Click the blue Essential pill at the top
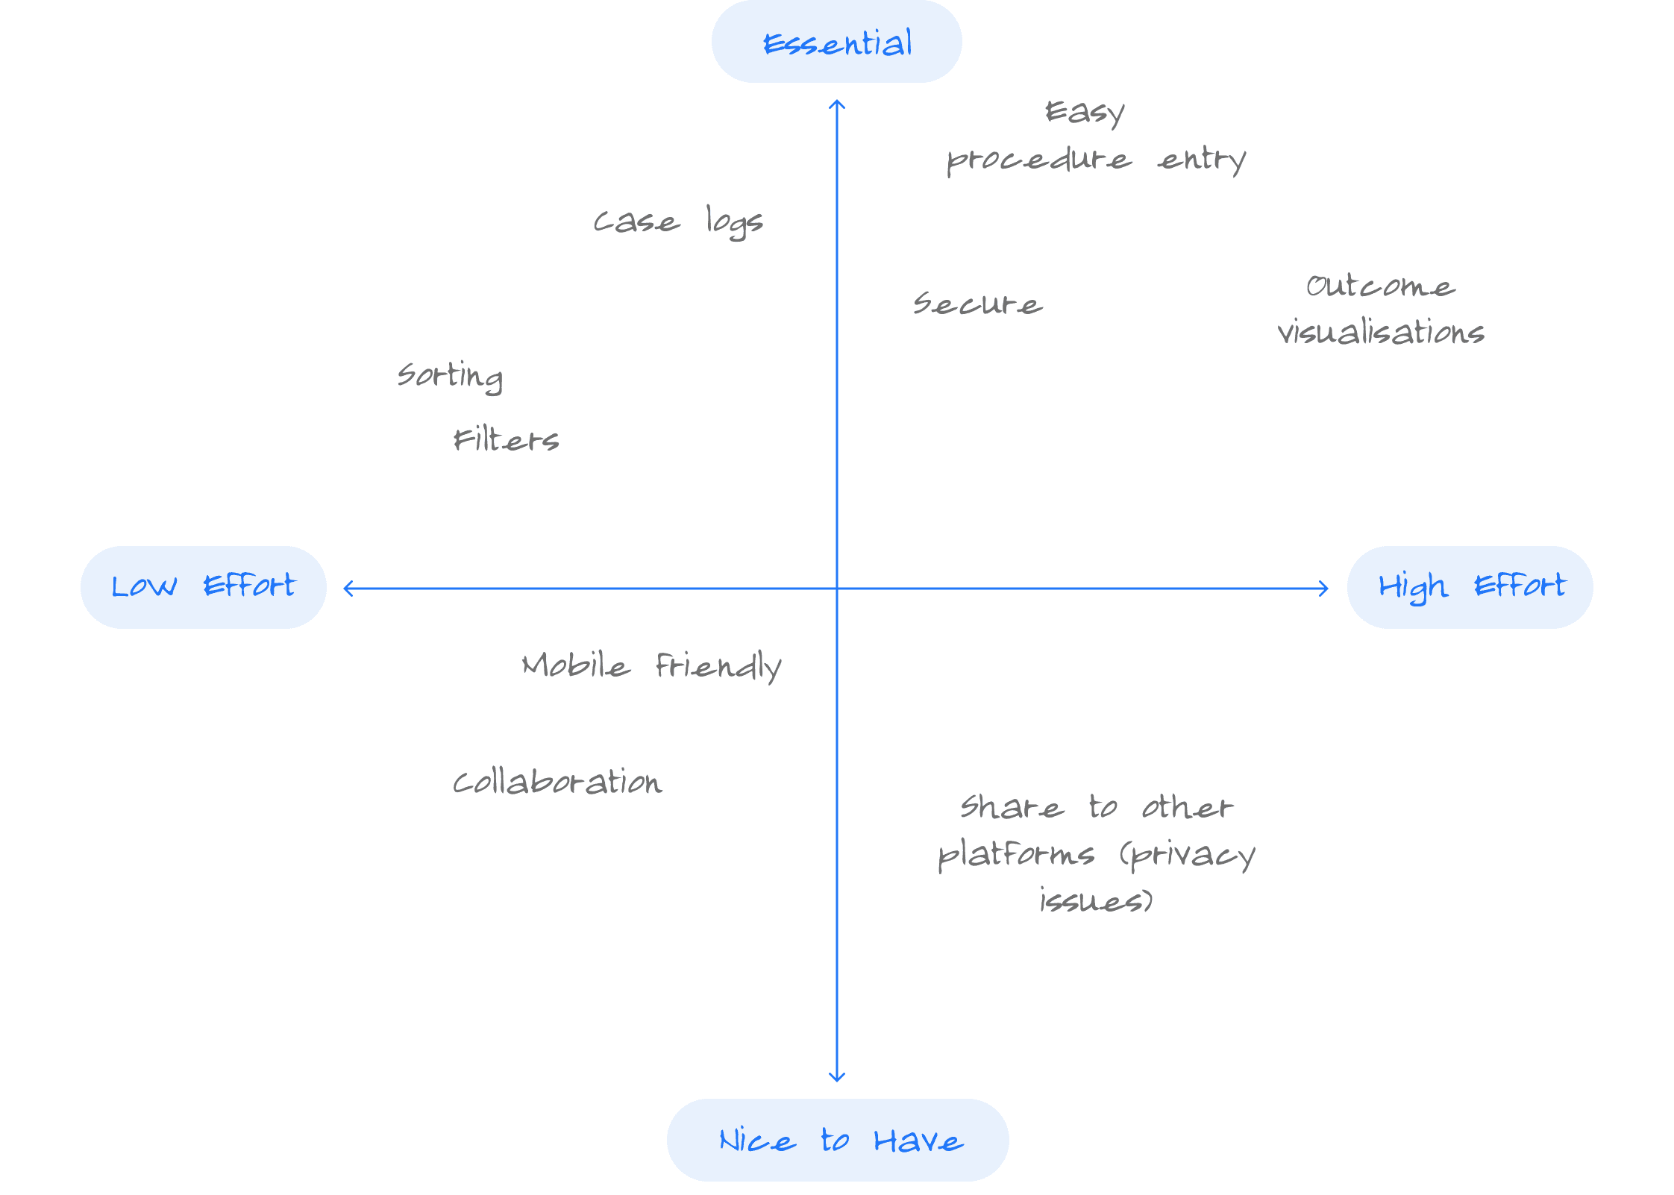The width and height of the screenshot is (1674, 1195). pyautogui.click(x=836, y=42)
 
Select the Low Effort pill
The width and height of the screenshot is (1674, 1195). pyautogui.click(x=203, y=587)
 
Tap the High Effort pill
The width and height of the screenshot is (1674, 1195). pyautogui.click(x=1470, y=587)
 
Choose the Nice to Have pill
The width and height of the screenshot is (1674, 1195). pyautogui.click(x=837, y=1140)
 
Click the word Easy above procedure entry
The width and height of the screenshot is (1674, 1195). pyautogui.click(x=1085, y=113)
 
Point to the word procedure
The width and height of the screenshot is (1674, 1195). pyautogui.click(x=1038, y=160)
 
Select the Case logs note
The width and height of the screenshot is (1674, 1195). pyautogui.click(x=678, y=222)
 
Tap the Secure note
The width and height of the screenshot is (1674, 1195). pyautogui.click(x=978, y=304)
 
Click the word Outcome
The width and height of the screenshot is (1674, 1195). pyautogui.click(x=1380, y=286)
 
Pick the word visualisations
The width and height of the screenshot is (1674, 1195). pyautogui.click(x=1381, y=332)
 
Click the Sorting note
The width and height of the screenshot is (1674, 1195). pyautogui.click(x=451, y=375)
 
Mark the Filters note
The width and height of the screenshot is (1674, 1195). pyautogui.click(x=506, y=440)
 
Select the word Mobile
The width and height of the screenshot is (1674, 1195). pyautogui.click(x=575, y=665)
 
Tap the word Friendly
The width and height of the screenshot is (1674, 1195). pyautogui.click(x=718, y=666)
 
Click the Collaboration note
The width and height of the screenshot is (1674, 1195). pyautogui.click(x=557, y=782)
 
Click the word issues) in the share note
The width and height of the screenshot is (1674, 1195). pyautogui.click(x=1096, y=901)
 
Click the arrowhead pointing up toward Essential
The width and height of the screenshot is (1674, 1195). pyautogui.click(x=837, y=104)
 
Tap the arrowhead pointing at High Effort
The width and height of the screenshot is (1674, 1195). pyautogui.click(x=1325, y=589)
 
